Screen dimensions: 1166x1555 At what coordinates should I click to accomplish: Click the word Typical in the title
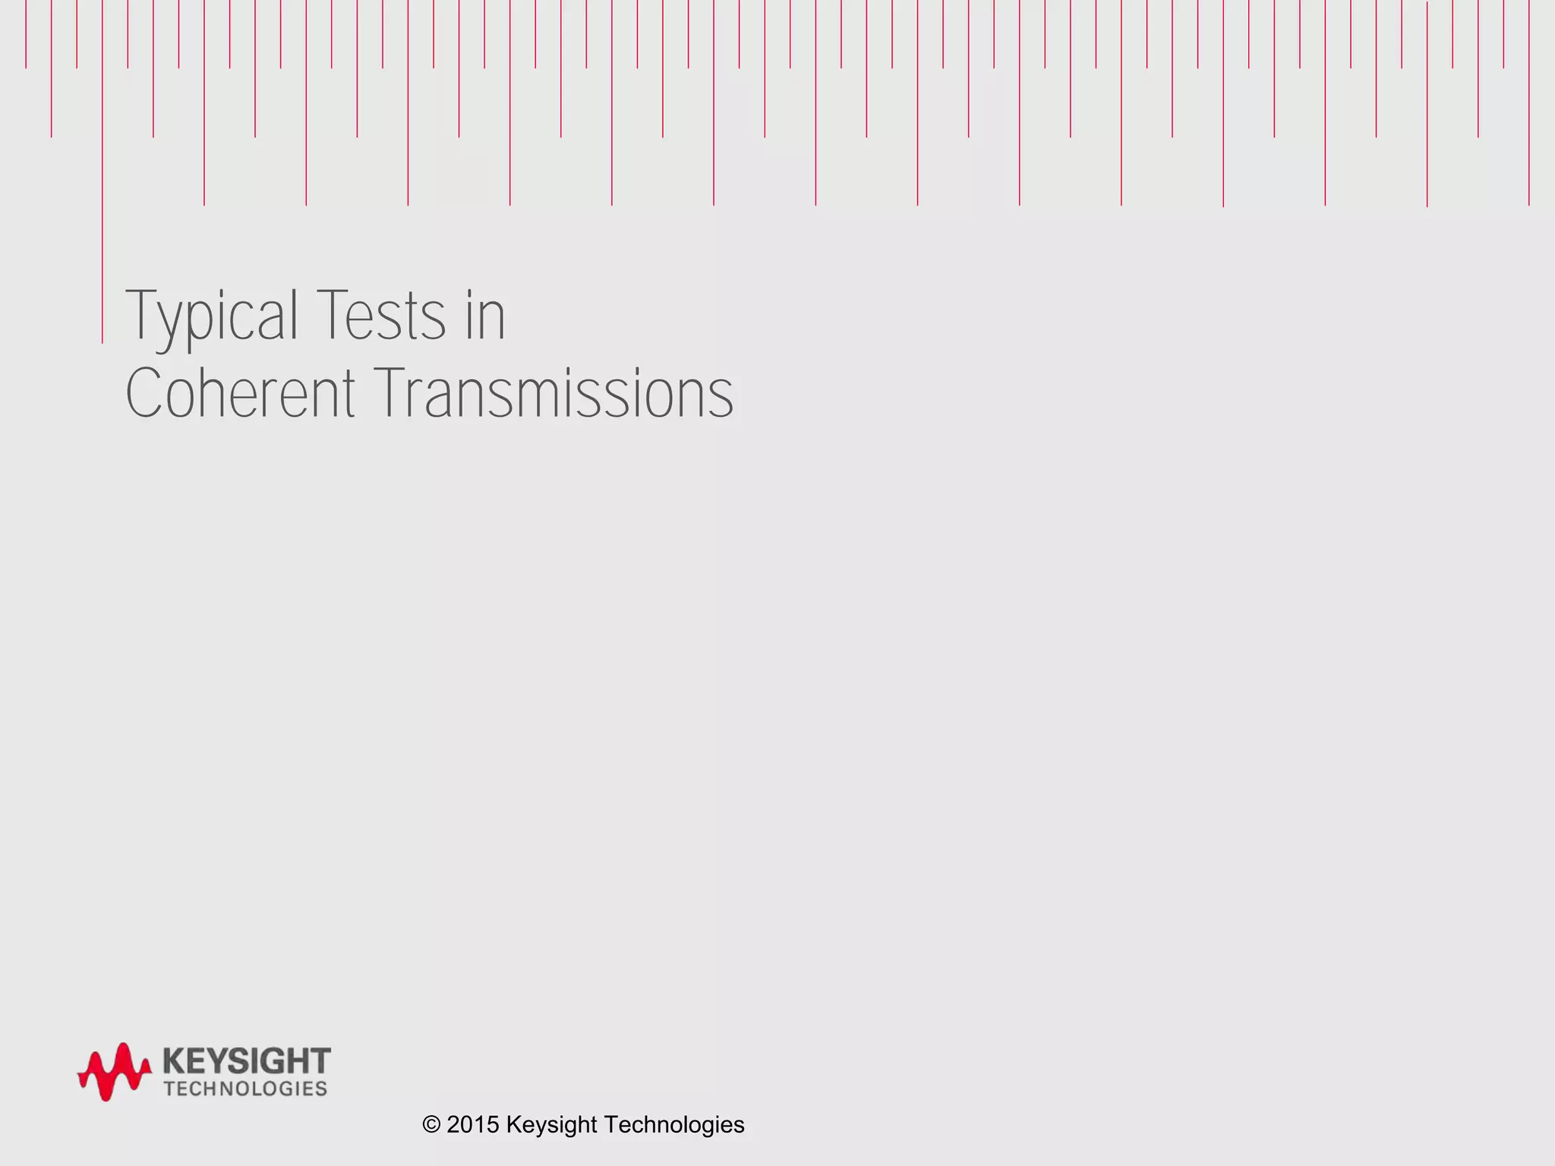coord(212,317)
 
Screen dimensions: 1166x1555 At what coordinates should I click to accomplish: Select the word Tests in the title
coord(381,317)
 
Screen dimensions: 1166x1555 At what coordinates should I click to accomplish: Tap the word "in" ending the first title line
coord(485,317)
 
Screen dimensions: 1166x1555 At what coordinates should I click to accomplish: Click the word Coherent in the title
coord(240,394)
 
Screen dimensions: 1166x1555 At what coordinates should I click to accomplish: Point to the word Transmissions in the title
coord(554,394)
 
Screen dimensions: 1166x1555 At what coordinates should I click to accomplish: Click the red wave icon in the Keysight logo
coord(114,1071)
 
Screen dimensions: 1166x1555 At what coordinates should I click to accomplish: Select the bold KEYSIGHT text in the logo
coord(247,1060)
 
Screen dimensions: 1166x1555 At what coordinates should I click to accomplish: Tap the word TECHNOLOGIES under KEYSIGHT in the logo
coord(245,1089)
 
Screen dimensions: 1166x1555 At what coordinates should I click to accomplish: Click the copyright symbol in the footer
coord(431,1125)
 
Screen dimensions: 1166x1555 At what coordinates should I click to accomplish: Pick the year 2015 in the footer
coord(472,1125)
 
